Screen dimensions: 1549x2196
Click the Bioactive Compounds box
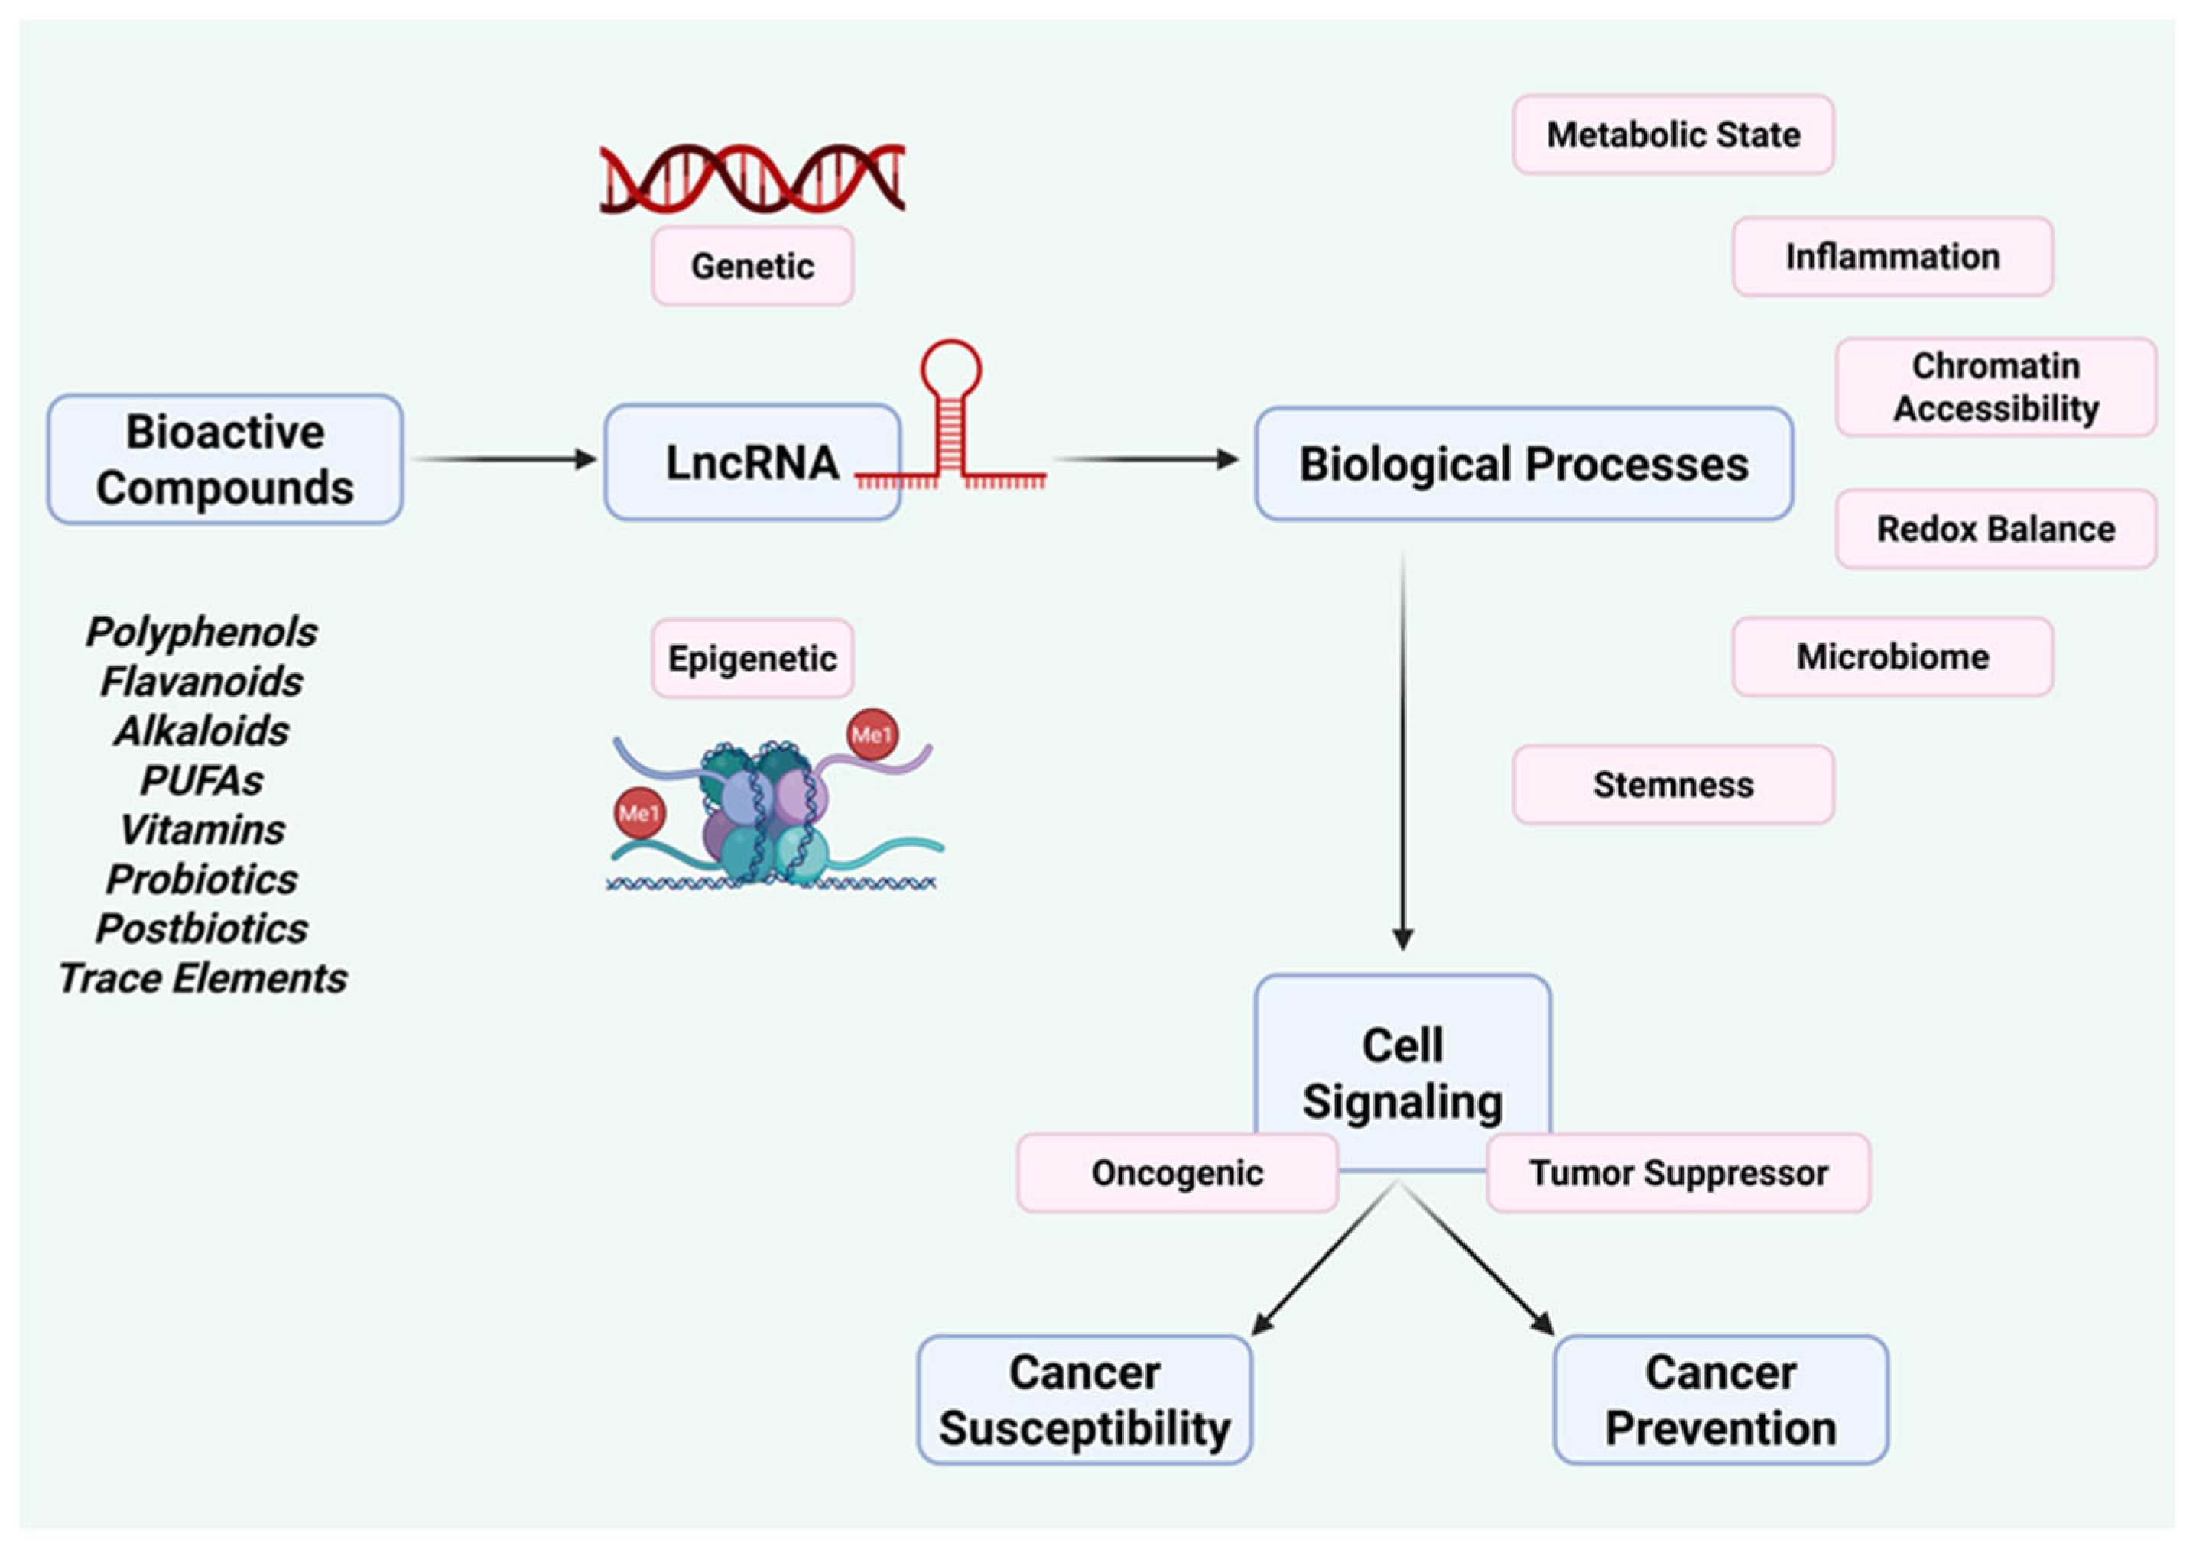(x=225, y=460)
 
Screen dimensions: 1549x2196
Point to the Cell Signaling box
(x=1402, y=1061)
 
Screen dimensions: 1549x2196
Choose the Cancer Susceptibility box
(x=1083, y=1400)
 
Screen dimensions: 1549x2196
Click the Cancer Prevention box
(x=1720, y=1400)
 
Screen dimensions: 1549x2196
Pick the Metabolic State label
(x=1673, y=134)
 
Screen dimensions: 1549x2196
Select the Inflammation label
(x=1892, y=256)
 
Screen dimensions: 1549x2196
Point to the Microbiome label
(x=1892, y=657)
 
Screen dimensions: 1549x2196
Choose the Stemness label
(x=1673, y=785)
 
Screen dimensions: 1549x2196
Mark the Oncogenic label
(x=1177, y=1173)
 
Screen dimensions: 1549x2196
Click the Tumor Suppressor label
(x=1678, y=1173)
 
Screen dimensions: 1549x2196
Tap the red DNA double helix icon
(x=752, y=178)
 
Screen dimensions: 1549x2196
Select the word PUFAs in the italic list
(x=202, y=780)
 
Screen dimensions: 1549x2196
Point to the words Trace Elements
(x=202, y=978)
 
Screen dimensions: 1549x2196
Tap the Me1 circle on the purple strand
(x=872, y=734)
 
